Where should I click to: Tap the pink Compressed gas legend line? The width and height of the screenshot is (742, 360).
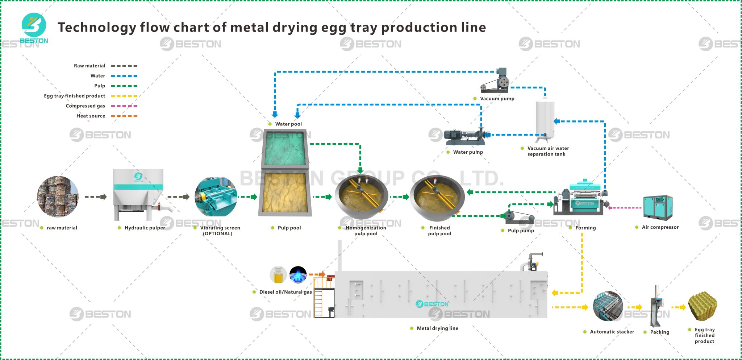pos(124,106)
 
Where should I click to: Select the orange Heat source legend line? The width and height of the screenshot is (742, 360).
pos(124,116)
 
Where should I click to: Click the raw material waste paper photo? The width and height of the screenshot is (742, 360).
pos(58,196)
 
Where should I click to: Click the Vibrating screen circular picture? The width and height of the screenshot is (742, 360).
pos(216,197)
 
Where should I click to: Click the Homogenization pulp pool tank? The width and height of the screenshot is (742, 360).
pos(361,197)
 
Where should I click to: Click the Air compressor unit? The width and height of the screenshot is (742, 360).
pos(658,207)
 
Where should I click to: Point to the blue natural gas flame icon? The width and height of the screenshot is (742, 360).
pos(298,275)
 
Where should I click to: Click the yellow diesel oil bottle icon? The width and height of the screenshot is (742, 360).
pos(278,275)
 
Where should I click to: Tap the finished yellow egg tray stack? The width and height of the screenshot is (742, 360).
pos(702,306)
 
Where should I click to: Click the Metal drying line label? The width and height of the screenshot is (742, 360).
pos(437,328)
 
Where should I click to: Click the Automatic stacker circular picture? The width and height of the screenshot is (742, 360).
pos(608,307)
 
